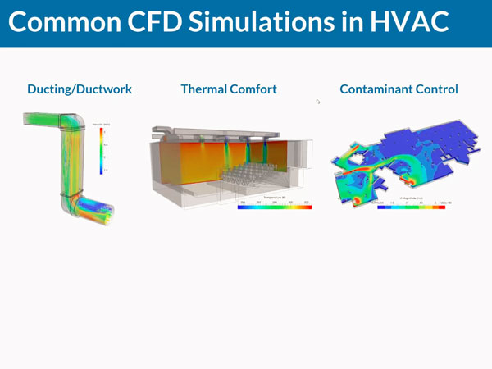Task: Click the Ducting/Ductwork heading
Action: pyautogui.click(x=79, y=89)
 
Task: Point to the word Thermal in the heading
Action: pyautogui.click(x=205, y=89)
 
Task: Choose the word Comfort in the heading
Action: pyautogui.click(x=254, y=89)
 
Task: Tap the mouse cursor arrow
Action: pyautogui.click(x=317, y=101)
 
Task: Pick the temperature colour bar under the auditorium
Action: pyautogui.click(x=274, y=207)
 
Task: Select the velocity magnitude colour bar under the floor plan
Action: pyautogui.click(x=411, y=207)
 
